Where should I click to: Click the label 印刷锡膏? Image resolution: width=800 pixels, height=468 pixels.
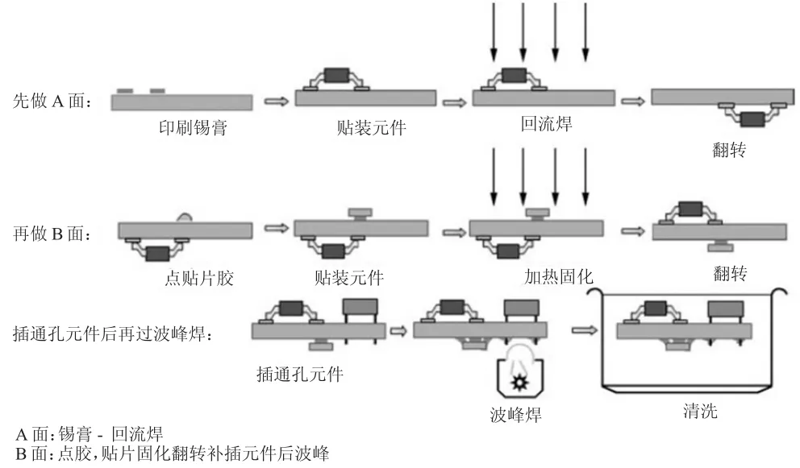point(194,127)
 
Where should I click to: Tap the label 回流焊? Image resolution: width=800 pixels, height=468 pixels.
point(547,124)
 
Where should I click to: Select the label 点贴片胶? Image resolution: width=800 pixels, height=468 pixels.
point(199,278)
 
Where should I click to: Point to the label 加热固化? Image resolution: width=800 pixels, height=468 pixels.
point(559,277)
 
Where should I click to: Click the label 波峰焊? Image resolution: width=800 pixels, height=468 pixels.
point(516,415)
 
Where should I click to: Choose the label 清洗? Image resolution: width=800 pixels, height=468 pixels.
point(701,411)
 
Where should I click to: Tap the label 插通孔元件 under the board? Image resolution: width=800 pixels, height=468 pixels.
point(299,375)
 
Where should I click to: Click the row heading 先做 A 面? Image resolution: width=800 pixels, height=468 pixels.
point(52,101)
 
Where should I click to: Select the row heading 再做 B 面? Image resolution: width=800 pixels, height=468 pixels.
point(52,234)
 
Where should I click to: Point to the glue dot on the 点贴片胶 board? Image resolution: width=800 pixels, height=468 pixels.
point(184,217)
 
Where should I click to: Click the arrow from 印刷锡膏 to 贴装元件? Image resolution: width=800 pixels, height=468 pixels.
point(276,101)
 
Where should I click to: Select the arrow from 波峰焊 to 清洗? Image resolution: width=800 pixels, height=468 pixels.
point(584,330)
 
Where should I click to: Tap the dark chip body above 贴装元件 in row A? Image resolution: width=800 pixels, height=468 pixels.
point(336,76)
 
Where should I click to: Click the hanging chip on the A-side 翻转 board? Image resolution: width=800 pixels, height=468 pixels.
point(752,119)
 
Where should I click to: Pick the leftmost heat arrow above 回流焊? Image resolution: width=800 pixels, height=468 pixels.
point(494,32)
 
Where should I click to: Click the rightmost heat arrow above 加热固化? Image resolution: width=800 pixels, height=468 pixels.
point(585,177)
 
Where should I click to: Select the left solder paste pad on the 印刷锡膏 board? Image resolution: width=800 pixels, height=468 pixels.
point(125,91)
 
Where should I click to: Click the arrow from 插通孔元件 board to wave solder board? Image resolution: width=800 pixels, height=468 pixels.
point(398,331)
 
